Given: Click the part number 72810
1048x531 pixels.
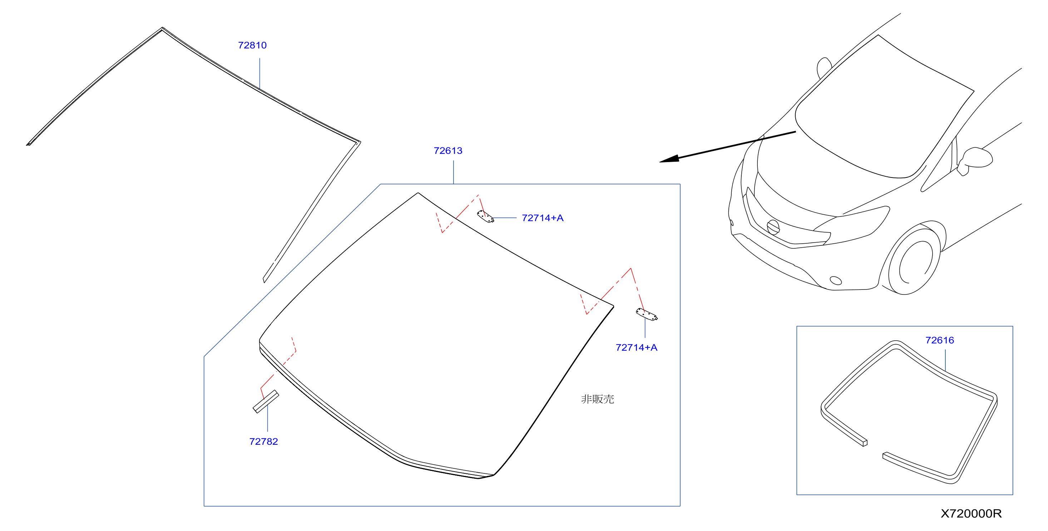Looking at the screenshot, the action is [252, 45].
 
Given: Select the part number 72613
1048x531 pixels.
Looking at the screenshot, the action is [448, 151].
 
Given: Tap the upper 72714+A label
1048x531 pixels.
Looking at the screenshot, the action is [542, 218].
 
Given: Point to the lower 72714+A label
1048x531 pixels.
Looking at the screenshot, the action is [636, 347].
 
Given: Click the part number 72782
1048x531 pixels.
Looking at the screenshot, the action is [264, 442].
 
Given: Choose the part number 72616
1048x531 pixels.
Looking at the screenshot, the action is [939, 340].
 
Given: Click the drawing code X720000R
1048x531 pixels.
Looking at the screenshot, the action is [971, 513].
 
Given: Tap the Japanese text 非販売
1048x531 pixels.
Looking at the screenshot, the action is [598, 399].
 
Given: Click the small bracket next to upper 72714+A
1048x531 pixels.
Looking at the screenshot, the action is [485, 216].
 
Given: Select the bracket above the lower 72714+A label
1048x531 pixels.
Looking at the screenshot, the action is [647, 315].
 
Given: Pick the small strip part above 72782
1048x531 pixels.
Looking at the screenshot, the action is [266, 401].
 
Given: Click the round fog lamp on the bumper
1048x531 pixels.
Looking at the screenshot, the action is [836, 280].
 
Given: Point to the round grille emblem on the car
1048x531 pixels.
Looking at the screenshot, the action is [773, 227].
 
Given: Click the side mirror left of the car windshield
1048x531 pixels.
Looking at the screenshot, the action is [824, 68].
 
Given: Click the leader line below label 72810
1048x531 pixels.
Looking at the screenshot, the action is [259, 74].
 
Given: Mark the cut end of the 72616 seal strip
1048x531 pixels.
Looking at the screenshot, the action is [865, 443].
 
